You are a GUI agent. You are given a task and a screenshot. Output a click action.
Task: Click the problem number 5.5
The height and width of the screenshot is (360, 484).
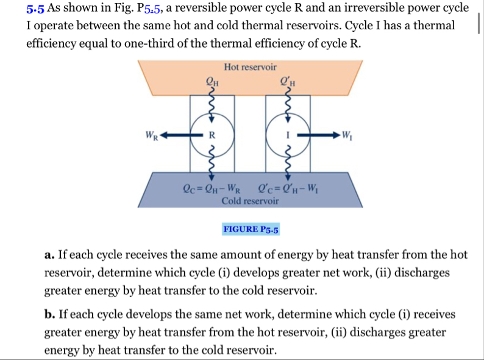35,9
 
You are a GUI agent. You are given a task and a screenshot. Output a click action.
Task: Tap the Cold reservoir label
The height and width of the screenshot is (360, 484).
250,201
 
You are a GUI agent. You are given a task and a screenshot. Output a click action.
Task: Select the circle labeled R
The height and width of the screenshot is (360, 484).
211,134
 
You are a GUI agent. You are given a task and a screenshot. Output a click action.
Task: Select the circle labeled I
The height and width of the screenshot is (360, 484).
285,134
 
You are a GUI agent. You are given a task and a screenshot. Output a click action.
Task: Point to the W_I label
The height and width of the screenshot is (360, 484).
347,134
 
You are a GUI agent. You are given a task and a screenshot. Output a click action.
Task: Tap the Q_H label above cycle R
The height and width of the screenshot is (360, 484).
213,79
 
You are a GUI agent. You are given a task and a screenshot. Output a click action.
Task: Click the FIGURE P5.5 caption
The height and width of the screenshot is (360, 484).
251,229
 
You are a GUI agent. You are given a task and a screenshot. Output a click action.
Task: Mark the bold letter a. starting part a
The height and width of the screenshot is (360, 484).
49,255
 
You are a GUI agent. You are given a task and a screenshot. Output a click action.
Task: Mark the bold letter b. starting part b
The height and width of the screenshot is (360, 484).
49,315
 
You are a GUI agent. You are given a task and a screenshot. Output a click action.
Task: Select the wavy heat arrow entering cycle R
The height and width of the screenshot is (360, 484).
211,104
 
